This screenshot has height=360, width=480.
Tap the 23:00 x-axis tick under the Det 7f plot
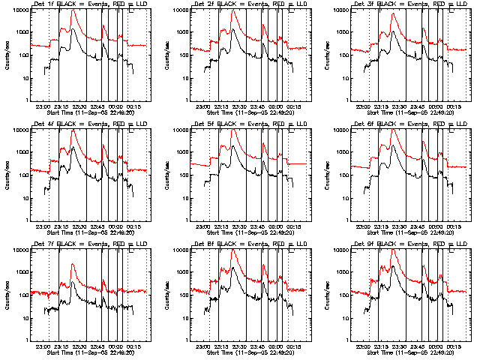point(43,346)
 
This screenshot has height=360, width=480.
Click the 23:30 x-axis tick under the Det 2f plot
point(240,106)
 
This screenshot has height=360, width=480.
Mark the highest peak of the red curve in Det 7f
point(73,264)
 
